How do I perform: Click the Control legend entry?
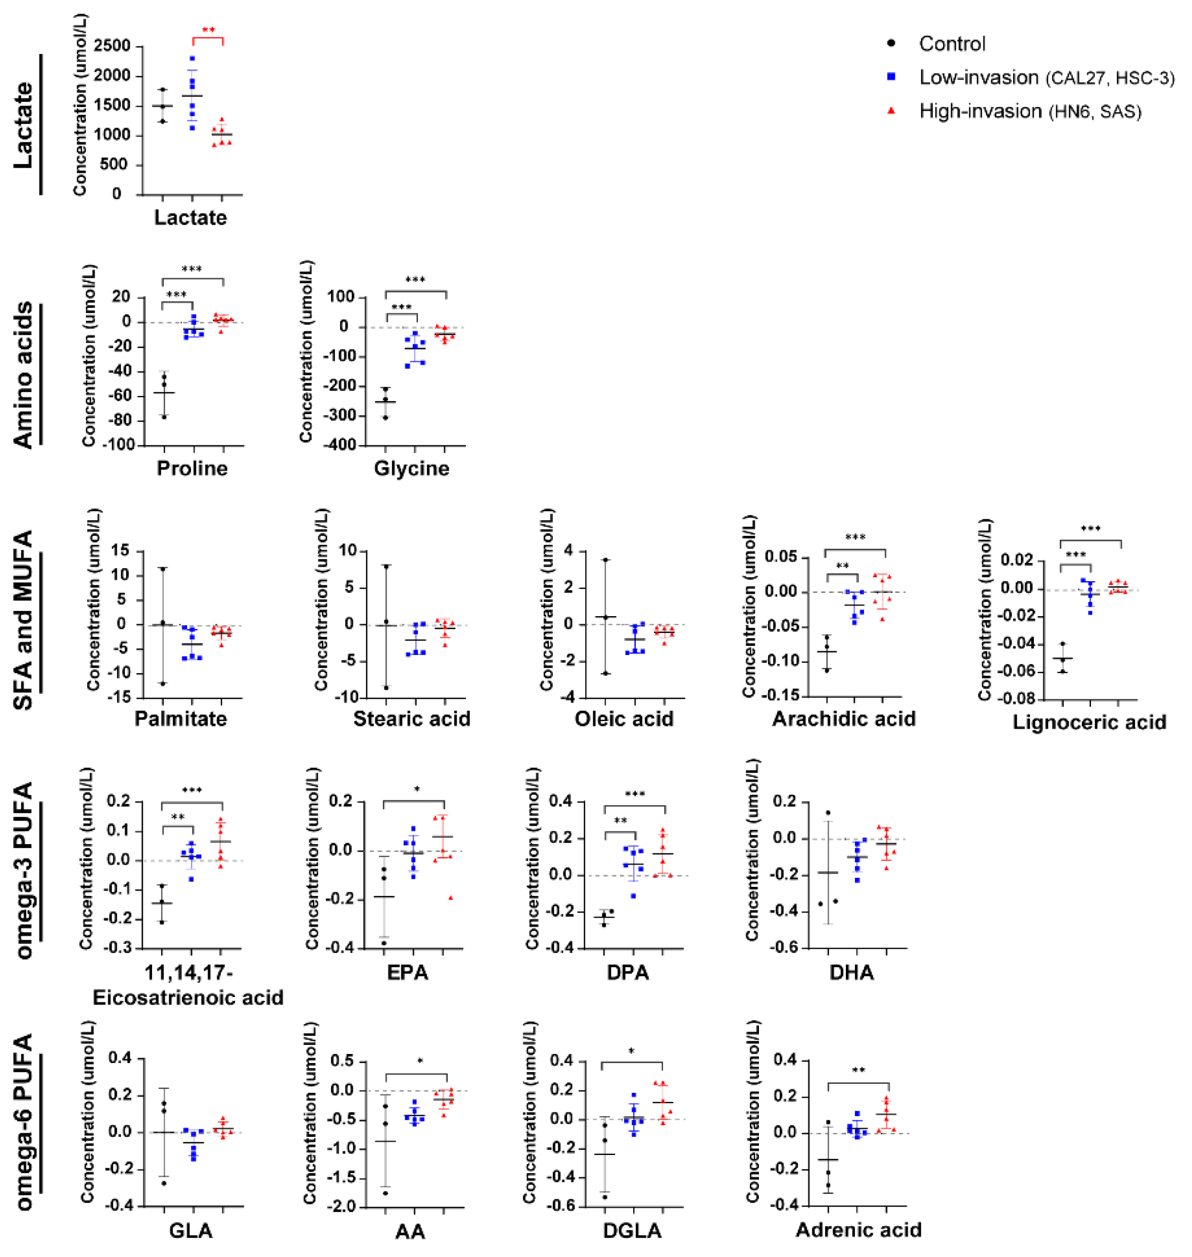click(951, 44)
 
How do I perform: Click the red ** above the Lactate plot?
click(208, 30)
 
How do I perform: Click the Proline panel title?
click(192, 468)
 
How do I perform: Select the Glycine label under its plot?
click(412, 468)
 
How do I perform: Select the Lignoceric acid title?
click(1089, 722)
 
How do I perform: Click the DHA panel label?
click(851, 973)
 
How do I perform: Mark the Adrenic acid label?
click(859, 1230)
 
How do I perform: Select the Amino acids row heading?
click(24, 375)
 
